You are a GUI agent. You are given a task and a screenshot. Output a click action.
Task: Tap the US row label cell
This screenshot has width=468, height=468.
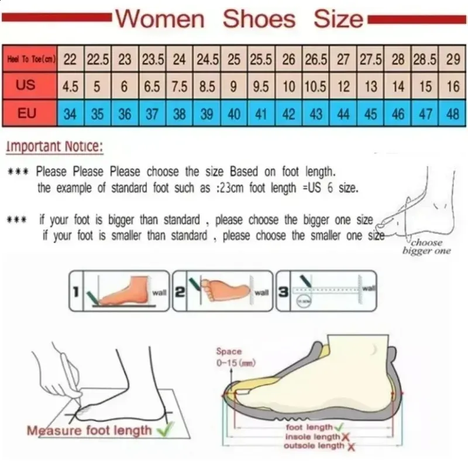[26, 86]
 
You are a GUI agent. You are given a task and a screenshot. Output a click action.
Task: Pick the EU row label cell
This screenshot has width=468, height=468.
[27, 113]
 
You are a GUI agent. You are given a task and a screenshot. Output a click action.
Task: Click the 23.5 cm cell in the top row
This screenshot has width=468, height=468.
[152, 59]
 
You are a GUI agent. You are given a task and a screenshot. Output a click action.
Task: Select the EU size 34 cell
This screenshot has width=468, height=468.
[70, 113]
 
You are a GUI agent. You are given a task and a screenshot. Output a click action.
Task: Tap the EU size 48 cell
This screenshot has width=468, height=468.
[453, 113]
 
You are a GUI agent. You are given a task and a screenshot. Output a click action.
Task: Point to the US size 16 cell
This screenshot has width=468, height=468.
[453, 87]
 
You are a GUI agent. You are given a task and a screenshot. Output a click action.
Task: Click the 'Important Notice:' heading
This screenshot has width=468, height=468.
[54, 146]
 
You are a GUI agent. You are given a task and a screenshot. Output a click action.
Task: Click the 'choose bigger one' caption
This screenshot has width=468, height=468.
[426, 246]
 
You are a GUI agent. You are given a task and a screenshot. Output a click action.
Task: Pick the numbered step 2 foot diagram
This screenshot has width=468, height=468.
[222, 290]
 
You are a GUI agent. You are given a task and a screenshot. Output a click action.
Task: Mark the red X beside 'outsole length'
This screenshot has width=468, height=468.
[351, 447]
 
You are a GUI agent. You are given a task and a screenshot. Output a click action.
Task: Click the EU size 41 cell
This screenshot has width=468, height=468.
[261, 113]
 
